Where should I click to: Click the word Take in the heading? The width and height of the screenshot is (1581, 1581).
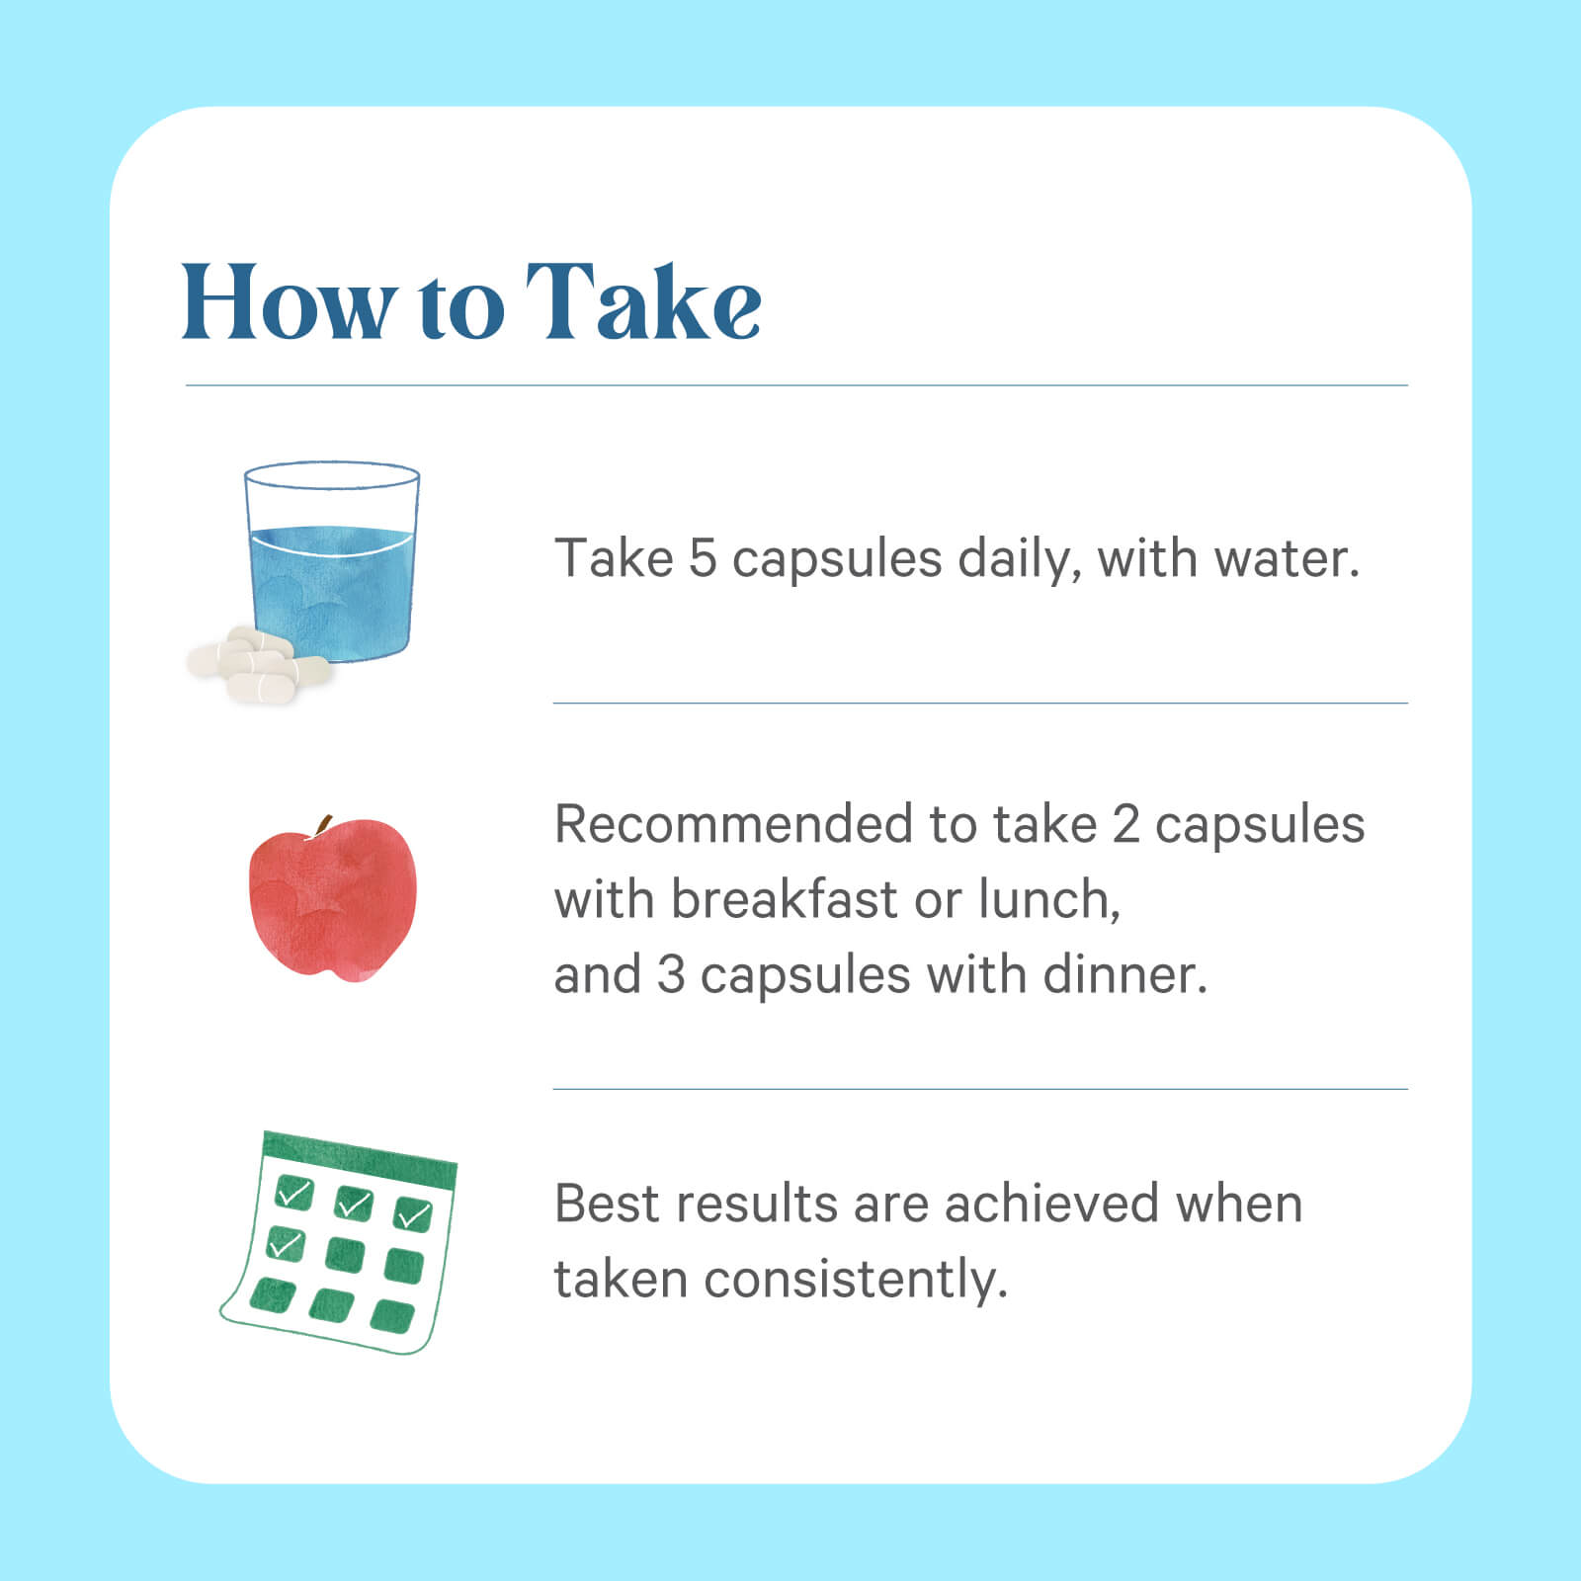click(x=643, y=301)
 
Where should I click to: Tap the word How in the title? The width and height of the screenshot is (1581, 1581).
click(x=290, y=301)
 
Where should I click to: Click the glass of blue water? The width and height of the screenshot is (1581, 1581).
click(x=332, y=560)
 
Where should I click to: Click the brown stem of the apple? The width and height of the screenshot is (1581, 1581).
click(x=322, y=827)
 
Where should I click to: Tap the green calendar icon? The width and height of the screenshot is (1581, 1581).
click(x=339, y=1242)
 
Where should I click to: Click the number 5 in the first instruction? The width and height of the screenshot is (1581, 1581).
click(x=703, y=558)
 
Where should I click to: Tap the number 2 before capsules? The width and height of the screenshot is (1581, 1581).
click(x=1125, y=824)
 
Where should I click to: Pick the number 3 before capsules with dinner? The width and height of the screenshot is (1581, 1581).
click(x=671, y=975)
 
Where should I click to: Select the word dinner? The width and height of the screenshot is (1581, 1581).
click(x=1125, y=975)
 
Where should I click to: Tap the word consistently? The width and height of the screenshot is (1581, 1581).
click(x=856, y=1281)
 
